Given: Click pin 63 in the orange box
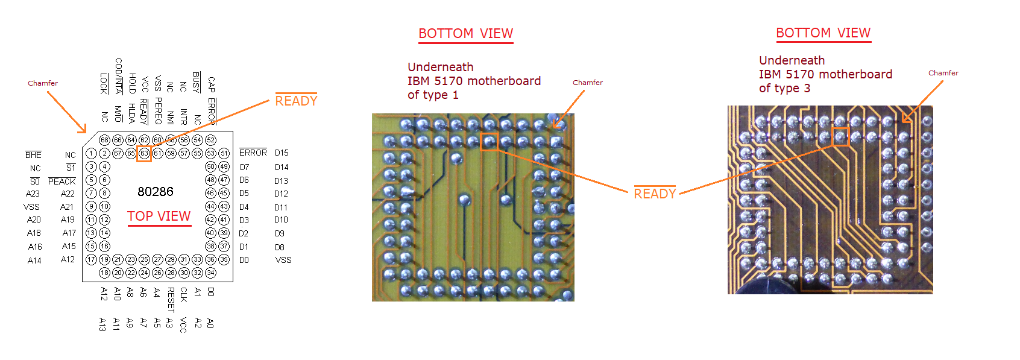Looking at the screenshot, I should coord(144,153).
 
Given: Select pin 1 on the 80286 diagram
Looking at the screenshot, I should coord(91,153).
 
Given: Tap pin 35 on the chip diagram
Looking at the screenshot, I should coord(224,259).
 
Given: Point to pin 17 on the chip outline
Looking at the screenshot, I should coord(91,259).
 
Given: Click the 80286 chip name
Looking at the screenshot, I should coord(155,192).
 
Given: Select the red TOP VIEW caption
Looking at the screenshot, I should coord(159,216).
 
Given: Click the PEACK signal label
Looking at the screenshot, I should coord(62,181).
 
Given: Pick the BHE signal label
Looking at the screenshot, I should coord(33,155).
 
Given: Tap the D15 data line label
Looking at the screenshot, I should coord(282,153).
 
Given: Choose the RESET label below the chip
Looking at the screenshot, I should coord(171,299).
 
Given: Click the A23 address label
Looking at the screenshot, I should coord(33,194).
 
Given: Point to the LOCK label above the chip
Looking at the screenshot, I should coord(104,83).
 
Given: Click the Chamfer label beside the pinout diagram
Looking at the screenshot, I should coord(43,83).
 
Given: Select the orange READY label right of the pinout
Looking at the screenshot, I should coord(296,101).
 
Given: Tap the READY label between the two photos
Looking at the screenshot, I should coord(655,194).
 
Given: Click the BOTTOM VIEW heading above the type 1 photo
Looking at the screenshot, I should coord(465,34).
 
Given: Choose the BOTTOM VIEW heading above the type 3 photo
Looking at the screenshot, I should coord(823,33).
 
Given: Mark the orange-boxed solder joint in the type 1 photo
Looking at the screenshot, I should coord(489,142).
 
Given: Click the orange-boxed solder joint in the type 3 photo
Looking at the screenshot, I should coord(840,137).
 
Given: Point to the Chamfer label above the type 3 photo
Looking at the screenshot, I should coord(943,73).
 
